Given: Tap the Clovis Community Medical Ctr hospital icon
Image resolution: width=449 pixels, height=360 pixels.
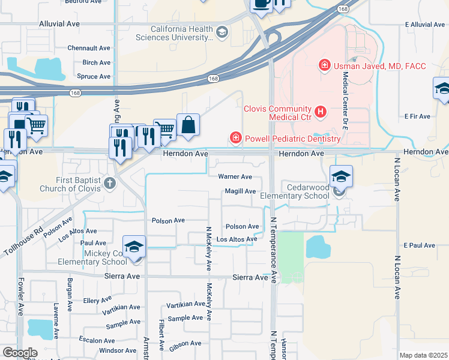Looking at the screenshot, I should coord(321,111).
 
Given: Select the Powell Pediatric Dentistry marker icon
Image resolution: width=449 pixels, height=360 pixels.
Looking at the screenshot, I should coord(235,139).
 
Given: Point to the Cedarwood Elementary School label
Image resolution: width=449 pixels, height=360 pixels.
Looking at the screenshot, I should coord(295,191).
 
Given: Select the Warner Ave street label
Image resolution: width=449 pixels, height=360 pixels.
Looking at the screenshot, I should coord(235,177).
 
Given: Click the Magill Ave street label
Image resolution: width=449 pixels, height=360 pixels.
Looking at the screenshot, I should coord(241,191).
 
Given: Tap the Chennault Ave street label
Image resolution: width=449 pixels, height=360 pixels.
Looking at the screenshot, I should coord(89,47).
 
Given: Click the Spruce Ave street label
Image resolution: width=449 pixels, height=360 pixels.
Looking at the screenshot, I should coord(94,76).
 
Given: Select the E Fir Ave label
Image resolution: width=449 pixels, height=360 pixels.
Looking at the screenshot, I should coord(418,116).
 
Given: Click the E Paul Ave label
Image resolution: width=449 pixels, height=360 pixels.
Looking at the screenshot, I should coord(419,245).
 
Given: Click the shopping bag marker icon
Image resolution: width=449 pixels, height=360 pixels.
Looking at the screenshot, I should coord(188,125).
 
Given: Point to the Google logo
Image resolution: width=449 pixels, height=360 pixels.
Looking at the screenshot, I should coord(20,353).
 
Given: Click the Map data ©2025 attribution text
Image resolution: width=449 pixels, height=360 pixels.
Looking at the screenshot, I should coord(423,355).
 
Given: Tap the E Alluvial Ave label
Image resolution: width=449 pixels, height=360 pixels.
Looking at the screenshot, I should coord(424,25).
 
